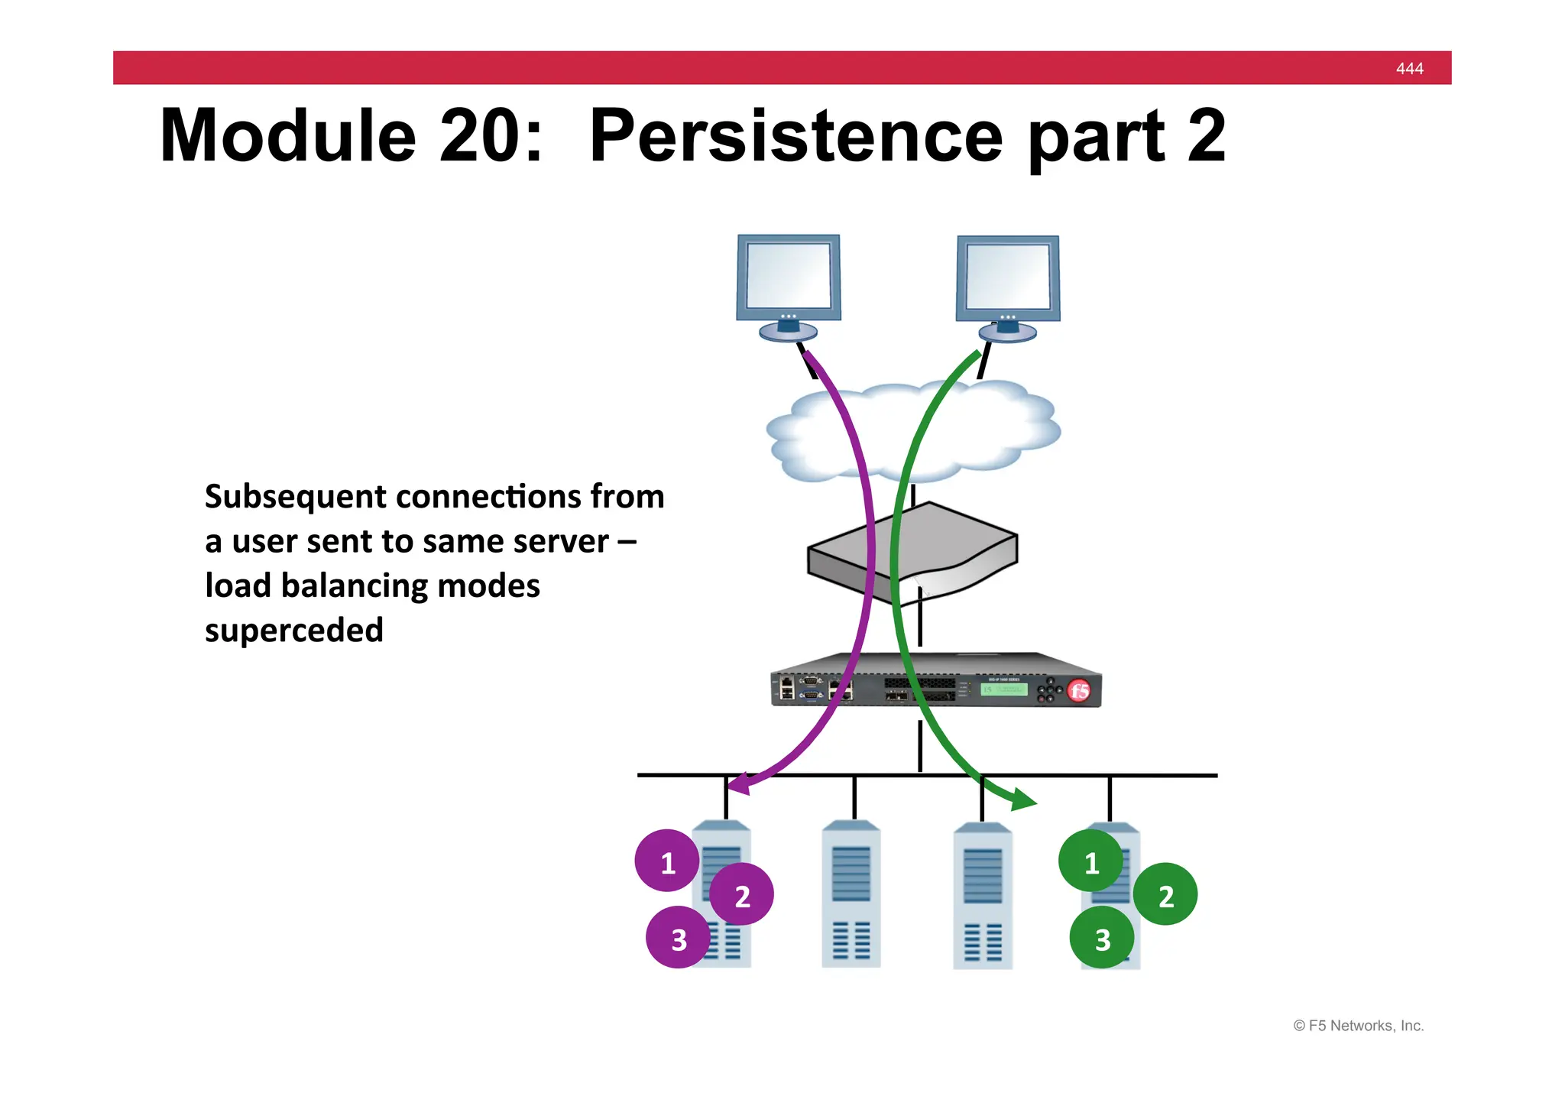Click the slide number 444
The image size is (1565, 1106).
pos(1409,69)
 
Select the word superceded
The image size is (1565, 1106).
pos(294,631)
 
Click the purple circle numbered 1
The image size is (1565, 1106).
pos(667,861)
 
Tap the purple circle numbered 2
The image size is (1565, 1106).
pos(742,895)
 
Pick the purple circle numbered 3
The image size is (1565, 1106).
pos(678,939)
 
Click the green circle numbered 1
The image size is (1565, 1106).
pos(1090,861)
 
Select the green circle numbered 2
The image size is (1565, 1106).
pos(1165,895)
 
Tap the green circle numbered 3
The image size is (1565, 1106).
pos(1101,939)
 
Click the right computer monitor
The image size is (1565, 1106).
pos(1008,278)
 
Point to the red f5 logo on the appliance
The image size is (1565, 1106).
pos(1079,692)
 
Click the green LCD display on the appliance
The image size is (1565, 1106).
pos(1004,689)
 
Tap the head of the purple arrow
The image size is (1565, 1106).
pos(737,785)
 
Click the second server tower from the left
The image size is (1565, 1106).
pos(851,894)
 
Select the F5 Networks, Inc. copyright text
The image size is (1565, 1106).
pos(1358,1026)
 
